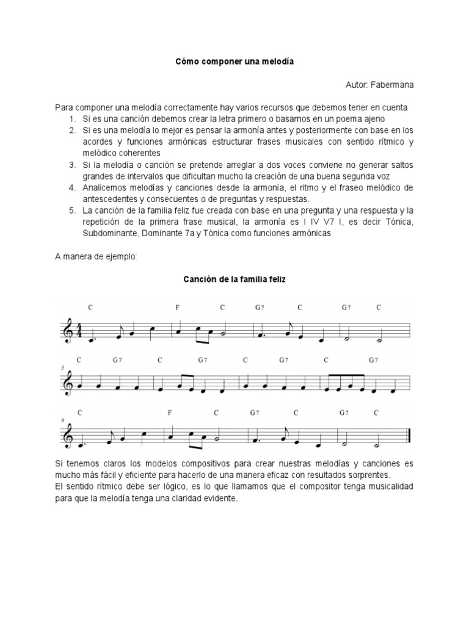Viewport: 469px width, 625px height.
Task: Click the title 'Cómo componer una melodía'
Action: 234,62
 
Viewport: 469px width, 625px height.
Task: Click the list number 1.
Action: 71,118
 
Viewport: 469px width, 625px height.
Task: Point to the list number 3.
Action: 71,165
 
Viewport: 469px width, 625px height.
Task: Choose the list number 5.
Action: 71,211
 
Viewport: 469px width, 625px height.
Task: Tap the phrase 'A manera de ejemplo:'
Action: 96,257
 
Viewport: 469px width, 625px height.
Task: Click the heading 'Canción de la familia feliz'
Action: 234,280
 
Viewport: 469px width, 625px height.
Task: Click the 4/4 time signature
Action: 77,330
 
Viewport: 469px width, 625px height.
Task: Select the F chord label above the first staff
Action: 178,308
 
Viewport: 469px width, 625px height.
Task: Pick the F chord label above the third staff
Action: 170,413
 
